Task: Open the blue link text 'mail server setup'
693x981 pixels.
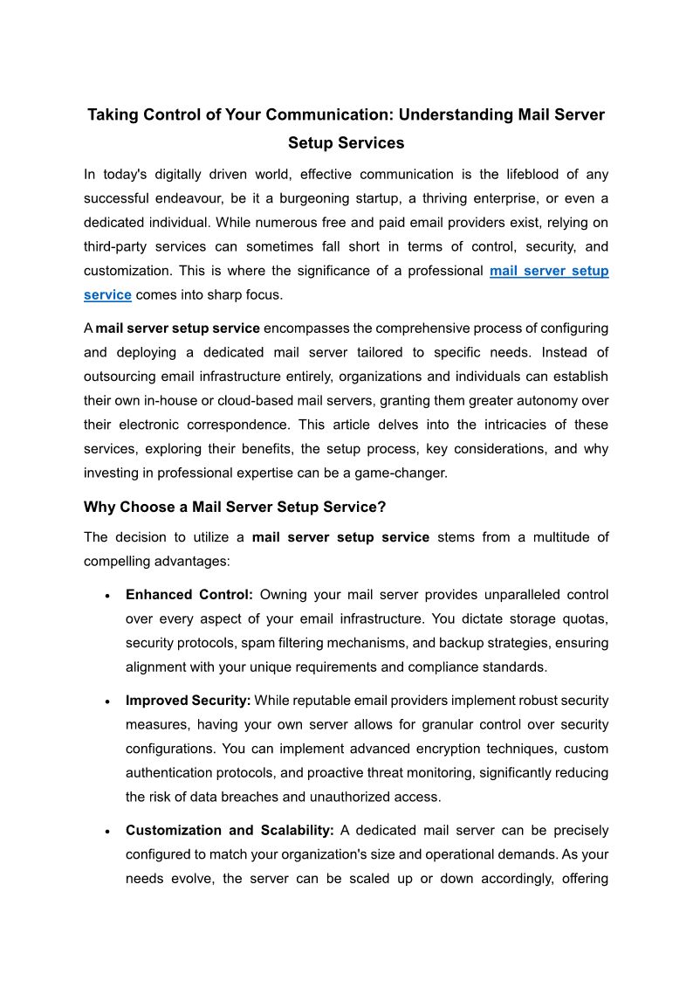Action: click(549, 271)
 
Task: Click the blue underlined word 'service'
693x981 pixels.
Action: click(107, 295)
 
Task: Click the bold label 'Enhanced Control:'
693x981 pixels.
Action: click(189, 595)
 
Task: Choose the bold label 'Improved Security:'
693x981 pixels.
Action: click(189, 701)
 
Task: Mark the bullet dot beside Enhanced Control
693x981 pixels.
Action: click(106, 596)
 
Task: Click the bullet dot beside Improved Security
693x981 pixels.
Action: click(106, 701)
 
